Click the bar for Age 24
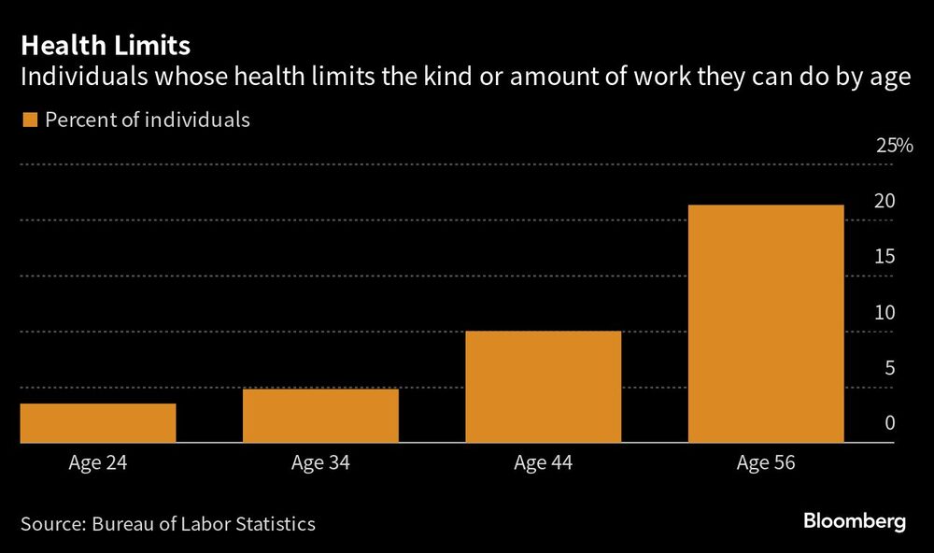tap(97, 422)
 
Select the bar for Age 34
tap(320, 415)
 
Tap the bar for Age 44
tap(543, 386)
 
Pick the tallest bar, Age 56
tap(766, 322)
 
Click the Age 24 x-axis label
tap(97, 462)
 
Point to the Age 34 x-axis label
tap(320, 462)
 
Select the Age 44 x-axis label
tap(543, 462)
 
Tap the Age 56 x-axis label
tap(766, 462)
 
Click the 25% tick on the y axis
tap(894, 146)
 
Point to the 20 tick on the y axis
tap(884, 201)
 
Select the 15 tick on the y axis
tap(884, 257)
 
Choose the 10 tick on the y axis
tap(884, 312)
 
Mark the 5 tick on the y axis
tap(890, 368)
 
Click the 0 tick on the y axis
tap(890, 423)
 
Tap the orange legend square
tap(28, 120)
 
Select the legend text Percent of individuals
tap(148, 120)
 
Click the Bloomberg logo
tap(855, 522)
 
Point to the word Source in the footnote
tap(50, 524)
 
